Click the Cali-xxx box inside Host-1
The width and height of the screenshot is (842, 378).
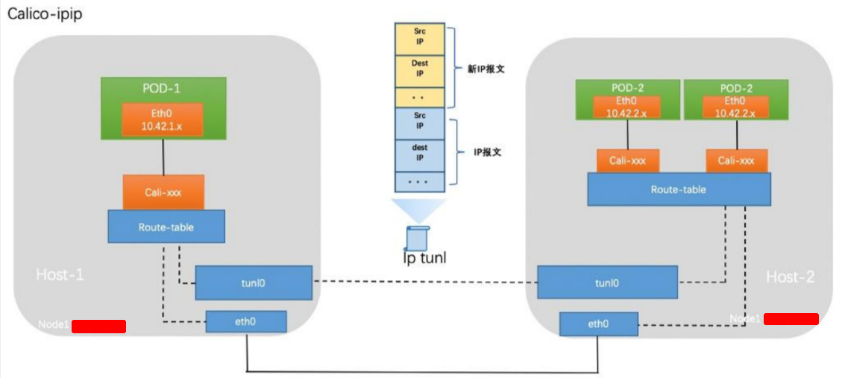tap(163, 193)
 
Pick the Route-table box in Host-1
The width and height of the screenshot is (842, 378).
tap(166, 226)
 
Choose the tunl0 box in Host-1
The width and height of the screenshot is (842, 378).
tap(254, 283)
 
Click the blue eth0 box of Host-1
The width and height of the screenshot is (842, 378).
tap(246, 322)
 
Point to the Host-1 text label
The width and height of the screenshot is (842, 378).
tap(60, 275)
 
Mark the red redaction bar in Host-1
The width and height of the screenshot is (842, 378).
tap(98, 326)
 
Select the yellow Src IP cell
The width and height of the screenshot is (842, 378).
tap(420, 37)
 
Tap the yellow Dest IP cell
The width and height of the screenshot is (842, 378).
tap(420, 69)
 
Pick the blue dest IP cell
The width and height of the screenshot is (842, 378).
tap(420, 153)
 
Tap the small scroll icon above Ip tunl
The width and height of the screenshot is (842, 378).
tap(418, 237)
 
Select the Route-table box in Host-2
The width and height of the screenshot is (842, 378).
tap(678, 189)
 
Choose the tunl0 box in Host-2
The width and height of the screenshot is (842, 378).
tap(607, 283)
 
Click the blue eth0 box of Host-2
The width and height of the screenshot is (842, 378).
tap(598, 324)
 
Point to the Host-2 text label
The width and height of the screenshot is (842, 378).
tap(791, 277)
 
